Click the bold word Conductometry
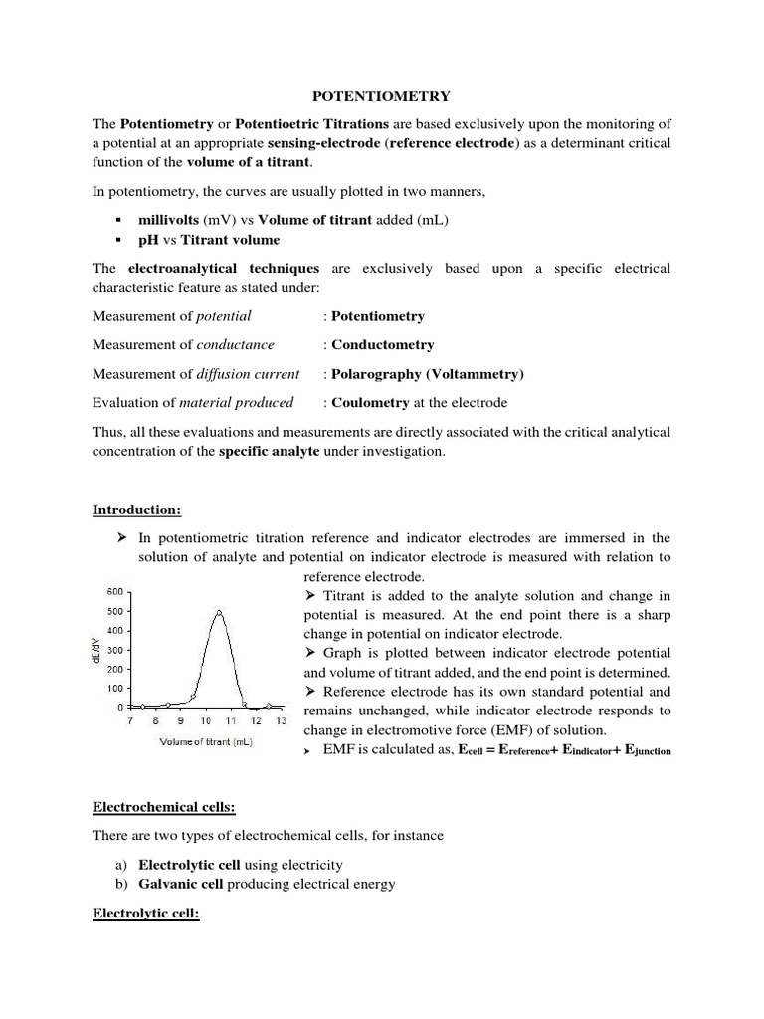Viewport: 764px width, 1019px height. (382, 345)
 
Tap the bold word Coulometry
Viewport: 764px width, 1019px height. (370, 403)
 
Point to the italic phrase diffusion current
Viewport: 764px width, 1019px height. (248, 374)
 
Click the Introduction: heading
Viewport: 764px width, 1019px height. (137, 509)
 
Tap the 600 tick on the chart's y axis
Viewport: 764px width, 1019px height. (114, 592)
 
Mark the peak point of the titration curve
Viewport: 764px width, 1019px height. (219, 612)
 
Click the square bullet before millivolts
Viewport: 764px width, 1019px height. (118, 220)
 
